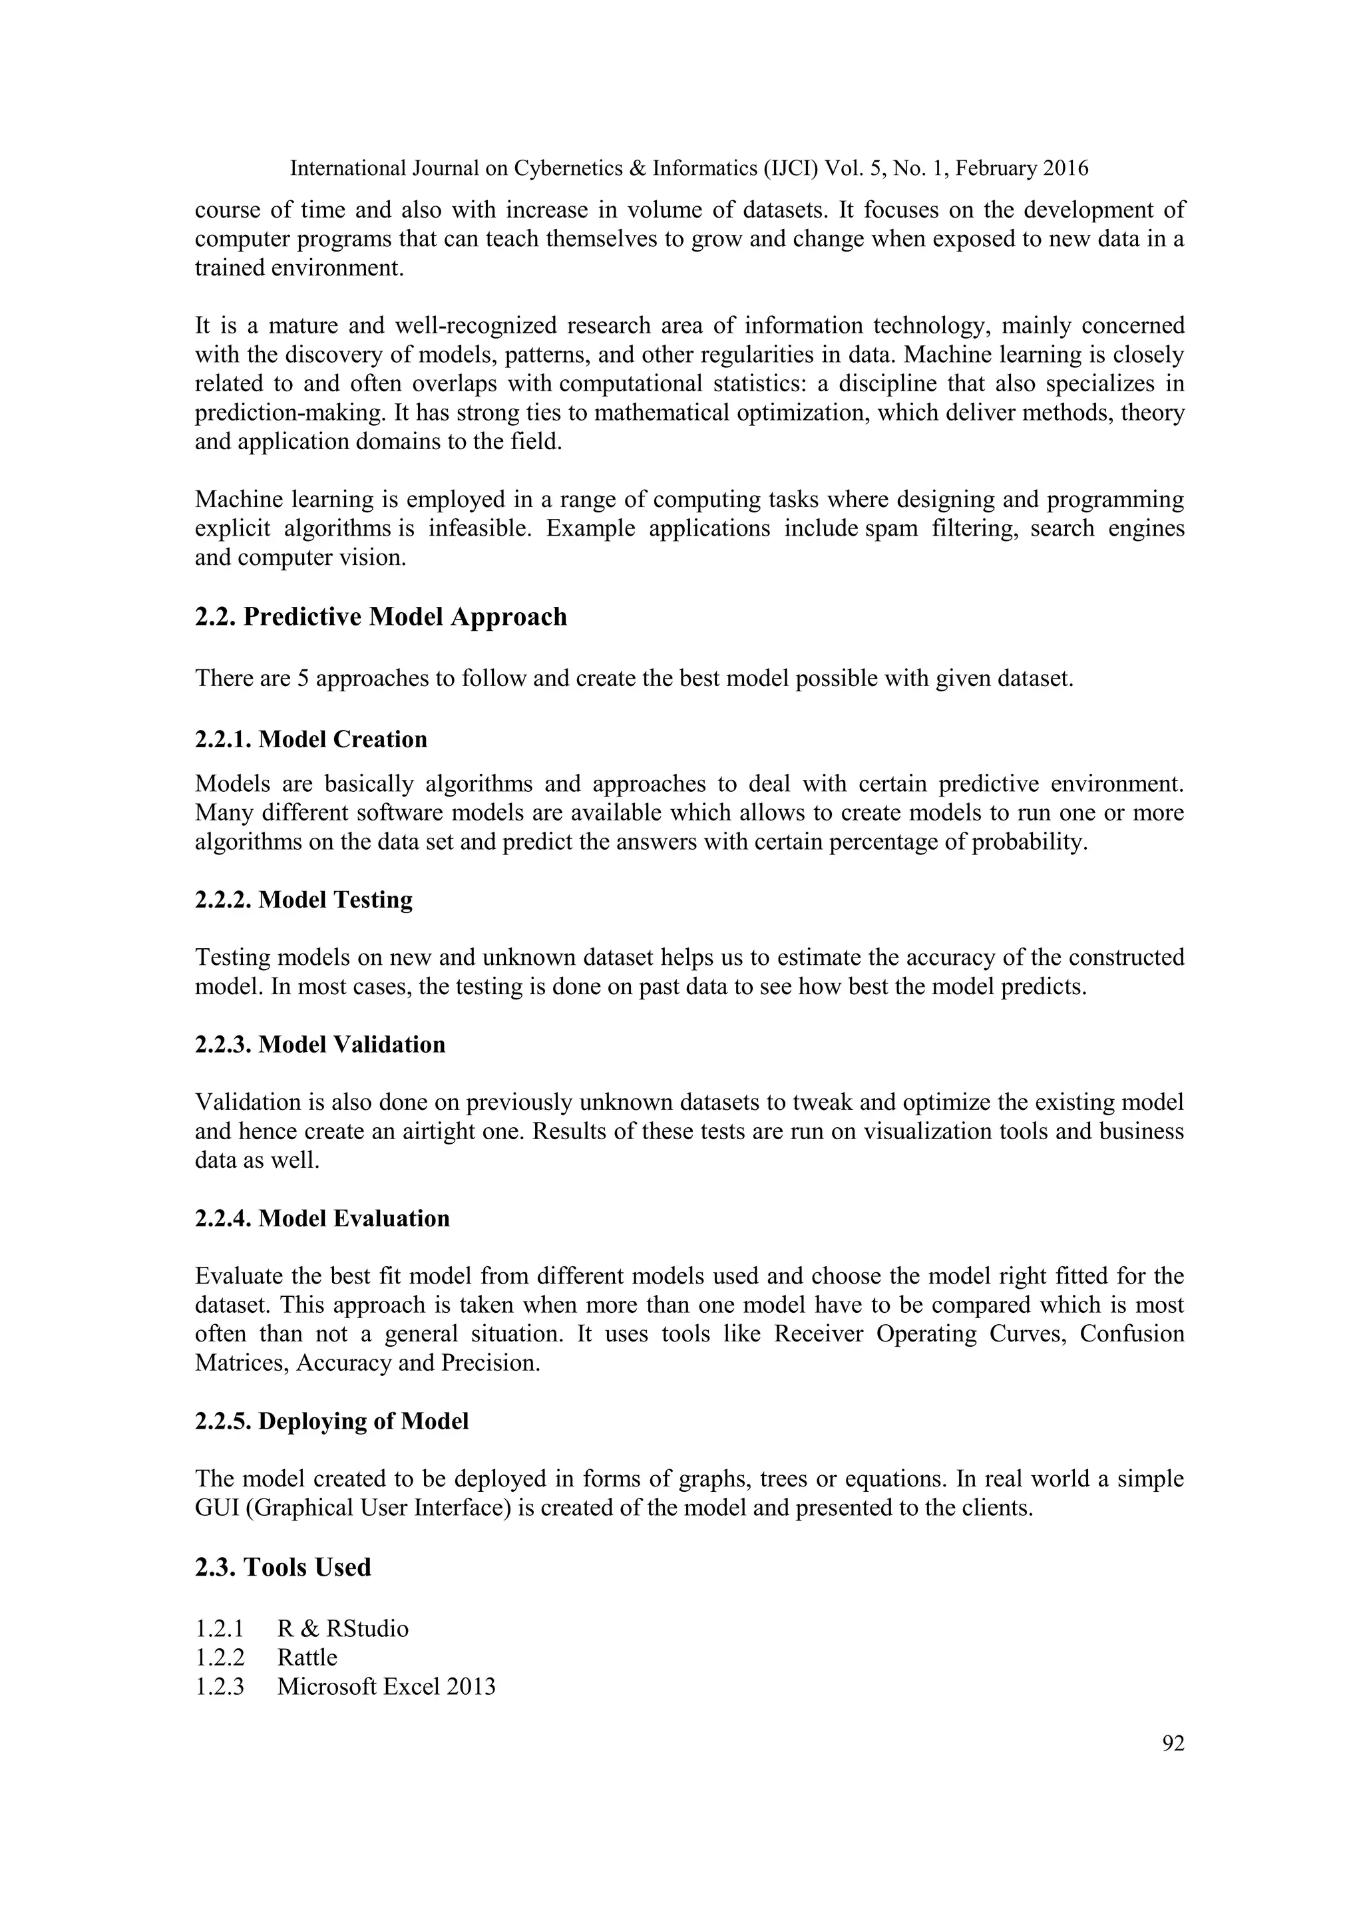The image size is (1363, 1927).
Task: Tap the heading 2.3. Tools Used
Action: [283, 1567]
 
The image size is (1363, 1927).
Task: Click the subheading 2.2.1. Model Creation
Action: [311, 739]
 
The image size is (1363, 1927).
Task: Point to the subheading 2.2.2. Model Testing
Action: [304, 900]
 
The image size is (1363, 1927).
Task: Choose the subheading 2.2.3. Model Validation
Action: [319, 1045]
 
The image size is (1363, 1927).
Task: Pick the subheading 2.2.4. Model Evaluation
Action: [322, 1218]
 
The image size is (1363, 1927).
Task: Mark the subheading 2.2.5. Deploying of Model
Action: [331, 1422]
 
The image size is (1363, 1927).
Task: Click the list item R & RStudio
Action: [343, 1629]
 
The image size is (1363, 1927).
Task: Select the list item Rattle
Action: [307, 1658]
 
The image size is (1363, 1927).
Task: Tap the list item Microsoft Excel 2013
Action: [386, 1686]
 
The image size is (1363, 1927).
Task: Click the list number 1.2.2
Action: [219, 1658]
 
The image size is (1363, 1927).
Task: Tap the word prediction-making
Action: [283, 413]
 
